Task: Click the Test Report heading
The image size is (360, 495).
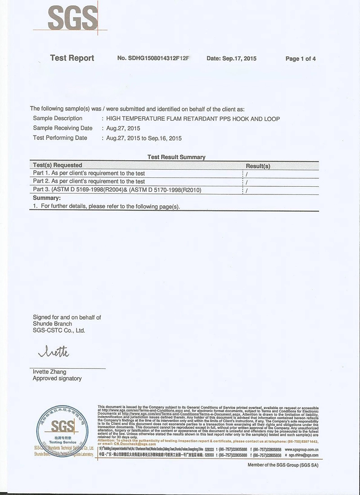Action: coord(72,58)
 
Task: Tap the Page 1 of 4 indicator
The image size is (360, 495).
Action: coord(301,58)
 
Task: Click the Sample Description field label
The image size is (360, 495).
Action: coord(58,118)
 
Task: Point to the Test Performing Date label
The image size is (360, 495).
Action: coord(60,138)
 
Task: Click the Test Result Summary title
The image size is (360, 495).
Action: coord(176,157)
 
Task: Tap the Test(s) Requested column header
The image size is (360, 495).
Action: coord(58,165)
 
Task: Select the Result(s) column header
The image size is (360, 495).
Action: coord(258,166)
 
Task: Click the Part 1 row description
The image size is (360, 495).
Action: coord(89,173)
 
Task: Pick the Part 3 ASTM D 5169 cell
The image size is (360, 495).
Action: coord(117,190)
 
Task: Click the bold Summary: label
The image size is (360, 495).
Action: coord(47,198)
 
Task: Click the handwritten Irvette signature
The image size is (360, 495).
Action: coord(54,352)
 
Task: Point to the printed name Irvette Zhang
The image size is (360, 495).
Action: coord(49,372)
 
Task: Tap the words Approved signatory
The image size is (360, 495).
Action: coord(57,378)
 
